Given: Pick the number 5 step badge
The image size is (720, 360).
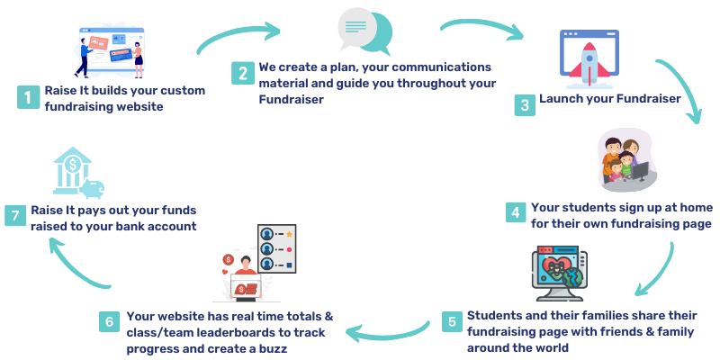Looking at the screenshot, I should (452, 321).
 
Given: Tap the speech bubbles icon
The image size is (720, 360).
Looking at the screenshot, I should (364, 31).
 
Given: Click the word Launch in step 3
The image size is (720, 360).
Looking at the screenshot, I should (562, 99).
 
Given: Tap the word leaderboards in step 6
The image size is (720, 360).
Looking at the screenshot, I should (216, 332).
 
